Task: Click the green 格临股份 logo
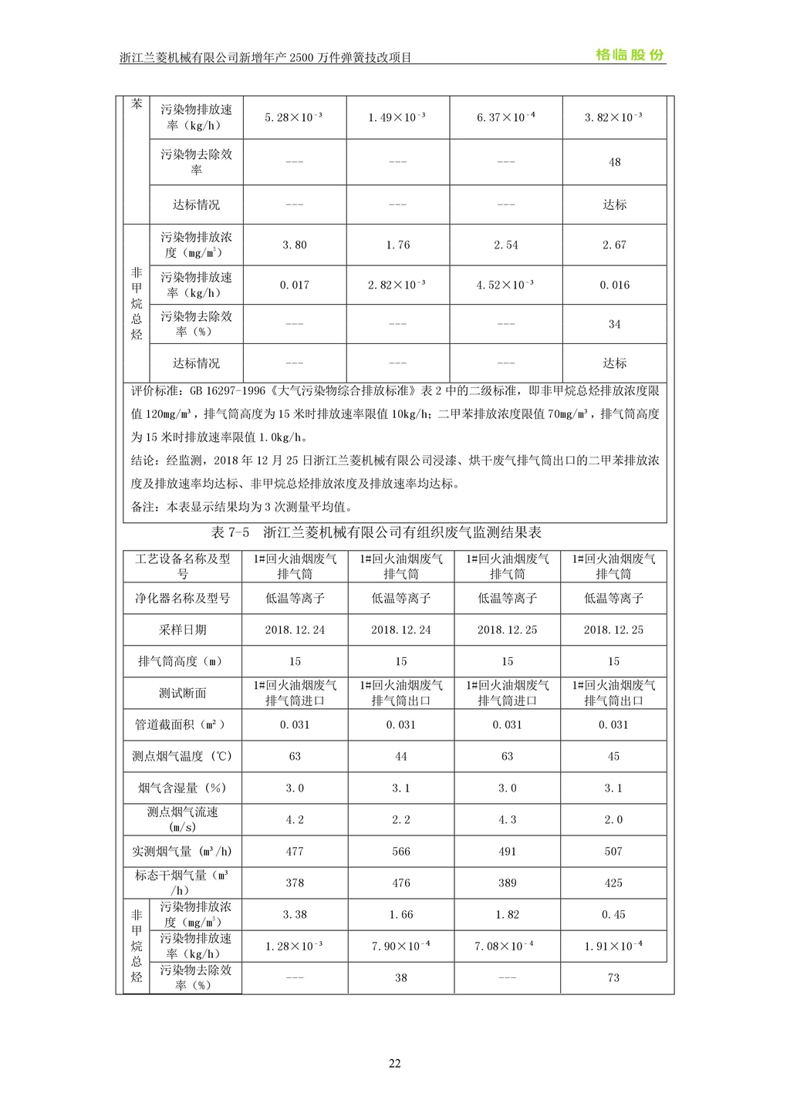coord(630,55)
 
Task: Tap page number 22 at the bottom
coord(394,1063)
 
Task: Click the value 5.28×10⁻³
coord(294,117)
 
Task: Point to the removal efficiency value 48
coord(614,162)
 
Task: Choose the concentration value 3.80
coord(295,245)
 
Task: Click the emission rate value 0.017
coord(295,285)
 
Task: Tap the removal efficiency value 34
coord(614,324)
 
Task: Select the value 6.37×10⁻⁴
coord(506,117)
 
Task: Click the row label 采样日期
coord(183,629)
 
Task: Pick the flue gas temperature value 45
coord(613,756)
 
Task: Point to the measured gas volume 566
coord(401,851)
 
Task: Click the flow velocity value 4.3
coord(507,819)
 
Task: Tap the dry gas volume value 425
coord(613,882)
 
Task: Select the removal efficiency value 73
coord(613,977)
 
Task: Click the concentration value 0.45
coord(613,914)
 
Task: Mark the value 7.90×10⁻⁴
coord(401,946)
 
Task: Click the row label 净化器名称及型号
coord(183,598)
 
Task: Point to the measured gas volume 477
coord(295,851)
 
